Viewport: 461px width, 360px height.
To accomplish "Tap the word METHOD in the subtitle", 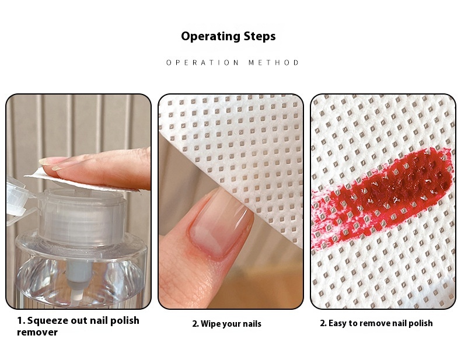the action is tap(274, 62).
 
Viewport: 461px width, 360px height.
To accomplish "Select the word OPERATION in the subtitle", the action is tap(202, 62).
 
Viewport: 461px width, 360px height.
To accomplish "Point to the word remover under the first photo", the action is tap(37, 333).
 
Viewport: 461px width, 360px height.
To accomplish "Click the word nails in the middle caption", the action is tap(252, 324).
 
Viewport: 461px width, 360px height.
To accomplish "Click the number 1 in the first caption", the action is tap(19, 321).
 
